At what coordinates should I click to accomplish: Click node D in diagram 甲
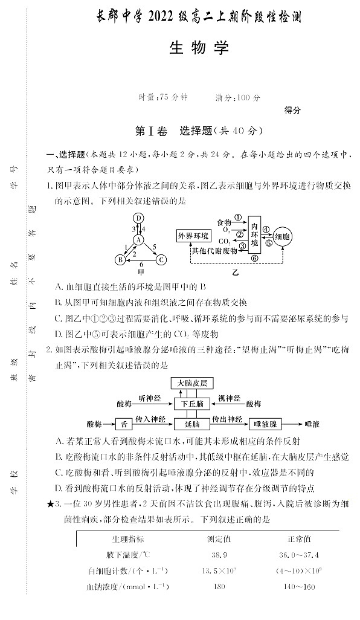[138, 218]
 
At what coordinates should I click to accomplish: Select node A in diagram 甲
[138, 239]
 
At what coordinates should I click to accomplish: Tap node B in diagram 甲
[120, 260]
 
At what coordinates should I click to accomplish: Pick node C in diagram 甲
[161, 260]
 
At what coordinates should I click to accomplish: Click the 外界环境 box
[193, 236]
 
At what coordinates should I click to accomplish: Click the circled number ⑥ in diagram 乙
[254, 257]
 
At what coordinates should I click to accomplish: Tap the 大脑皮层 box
[193, 383]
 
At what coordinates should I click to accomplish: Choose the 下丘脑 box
[193, 402]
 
